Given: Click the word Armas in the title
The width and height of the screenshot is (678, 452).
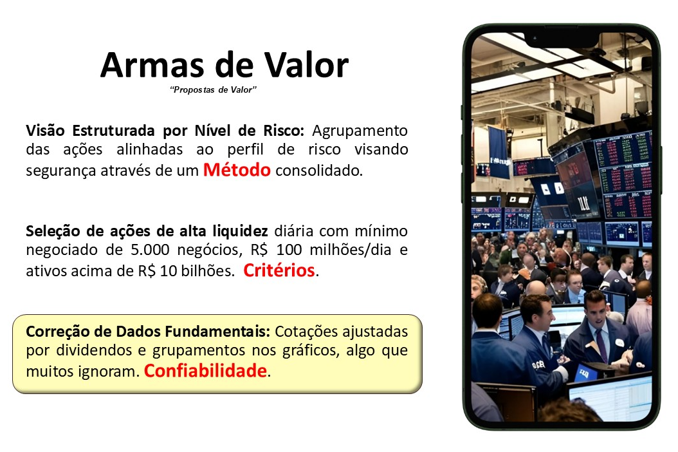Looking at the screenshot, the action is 152,65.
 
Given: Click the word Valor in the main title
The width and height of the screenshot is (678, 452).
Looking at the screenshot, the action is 307,65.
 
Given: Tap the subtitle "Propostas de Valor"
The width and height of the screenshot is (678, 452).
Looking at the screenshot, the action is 213,89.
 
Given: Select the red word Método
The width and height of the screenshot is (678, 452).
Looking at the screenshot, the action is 237,170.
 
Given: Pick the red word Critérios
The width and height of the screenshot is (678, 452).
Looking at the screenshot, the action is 279,270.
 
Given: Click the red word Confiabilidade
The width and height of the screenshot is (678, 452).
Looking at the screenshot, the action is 205,371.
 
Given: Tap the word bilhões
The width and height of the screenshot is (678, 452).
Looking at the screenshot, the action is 206,271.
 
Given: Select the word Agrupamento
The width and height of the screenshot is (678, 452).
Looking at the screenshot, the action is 360,130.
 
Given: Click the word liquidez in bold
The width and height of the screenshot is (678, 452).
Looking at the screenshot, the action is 246,231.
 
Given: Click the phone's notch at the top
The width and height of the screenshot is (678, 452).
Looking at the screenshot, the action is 562,39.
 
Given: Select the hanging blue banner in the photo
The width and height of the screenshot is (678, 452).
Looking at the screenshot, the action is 499,152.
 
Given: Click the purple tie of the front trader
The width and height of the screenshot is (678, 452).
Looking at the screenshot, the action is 602,345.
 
